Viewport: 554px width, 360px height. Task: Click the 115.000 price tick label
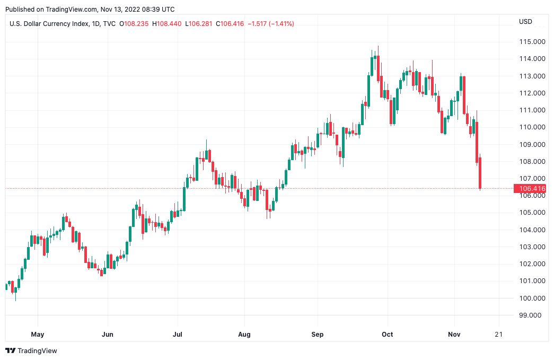coord(532,42)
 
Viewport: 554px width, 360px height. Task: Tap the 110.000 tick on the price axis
coord(532,127)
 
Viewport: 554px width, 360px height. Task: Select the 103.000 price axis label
coord(532,247)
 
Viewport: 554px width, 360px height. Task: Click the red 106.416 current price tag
coord(532,188)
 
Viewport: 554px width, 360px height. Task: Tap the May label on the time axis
coord(38,335)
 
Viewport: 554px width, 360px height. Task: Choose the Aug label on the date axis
coord(244,335)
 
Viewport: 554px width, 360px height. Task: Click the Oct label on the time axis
coord(388,335)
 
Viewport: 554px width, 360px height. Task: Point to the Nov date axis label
coord(454,335)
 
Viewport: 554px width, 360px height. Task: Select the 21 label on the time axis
coord(498,335)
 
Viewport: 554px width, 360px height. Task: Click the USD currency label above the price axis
coord(525,22)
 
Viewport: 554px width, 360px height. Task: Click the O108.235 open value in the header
coord(135,24)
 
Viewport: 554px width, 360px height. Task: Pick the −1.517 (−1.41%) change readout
coord(269,24)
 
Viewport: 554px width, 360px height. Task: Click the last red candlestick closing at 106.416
coord(480,173)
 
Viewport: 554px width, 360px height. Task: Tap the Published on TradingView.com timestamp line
coord(90,9)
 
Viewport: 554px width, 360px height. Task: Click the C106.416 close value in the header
coord(230,24)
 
